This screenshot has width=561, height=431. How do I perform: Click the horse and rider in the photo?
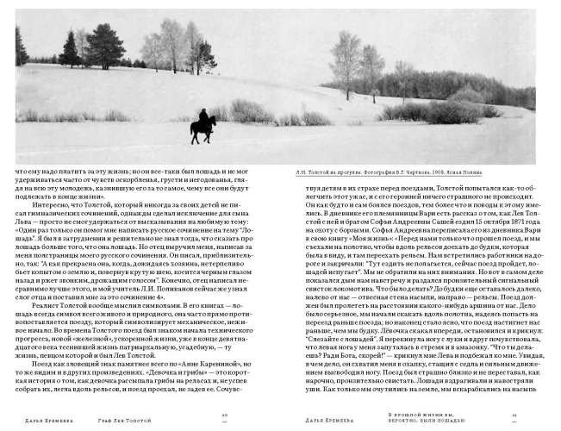(x=203, y=126)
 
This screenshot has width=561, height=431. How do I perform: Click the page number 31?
(x=514, y=415)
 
